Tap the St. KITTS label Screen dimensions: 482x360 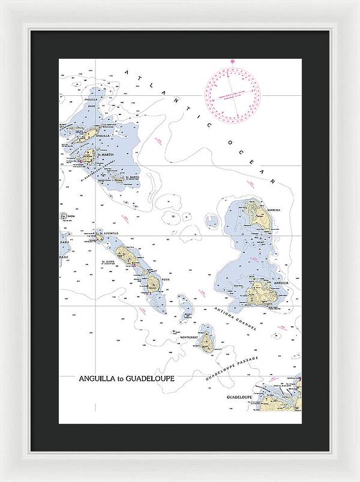(x=108, y=262)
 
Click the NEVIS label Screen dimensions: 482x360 (x=166, y=278)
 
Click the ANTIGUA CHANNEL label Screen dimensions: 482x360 (x=235, y=318)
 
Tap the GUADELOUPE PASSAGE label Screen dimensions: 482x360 (x=231, y=368)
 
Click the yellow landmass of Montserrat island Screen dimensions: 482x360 (x=206, y=341)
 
